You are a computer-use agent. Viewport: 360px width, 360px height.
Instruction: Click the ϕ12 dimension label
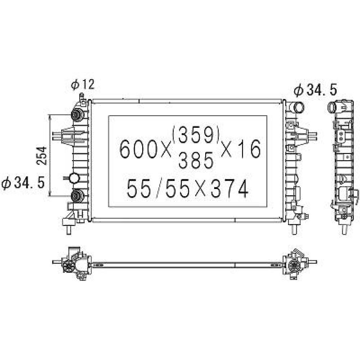pos(82,85)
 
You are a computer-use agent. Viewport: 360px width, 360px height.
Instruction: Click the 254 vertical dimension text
pos(42,156)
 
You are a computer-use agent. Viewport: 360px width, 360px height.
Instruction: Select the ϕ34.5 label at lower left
pos(23,183)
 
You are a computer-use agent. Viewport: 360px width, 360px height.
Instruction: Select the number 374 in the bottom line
pos(229,189)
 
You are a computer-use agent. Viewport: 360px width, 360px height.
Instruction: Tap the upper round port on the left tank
pos(76,115)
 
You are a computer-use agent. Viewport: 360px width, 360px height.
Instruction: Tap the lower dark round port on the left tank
pos(76,195)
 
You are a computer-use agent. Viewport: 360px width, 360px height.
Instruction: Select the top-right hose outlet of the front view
pos(297,107)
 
